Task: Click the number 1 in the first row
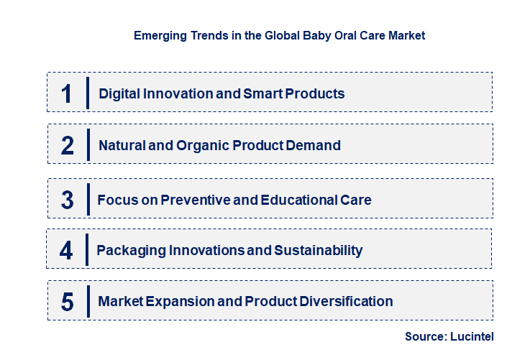67,93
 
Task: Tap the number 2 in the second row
68,146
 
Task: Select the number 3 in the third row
68,200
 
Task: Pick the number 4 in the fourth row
67,251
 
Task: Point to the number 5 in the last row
68,302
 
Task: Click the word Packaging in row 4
131,251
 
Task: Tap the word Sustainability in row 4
318,251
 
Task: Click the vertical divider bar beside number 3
88,198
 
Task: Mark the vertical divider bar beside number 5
88,300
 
